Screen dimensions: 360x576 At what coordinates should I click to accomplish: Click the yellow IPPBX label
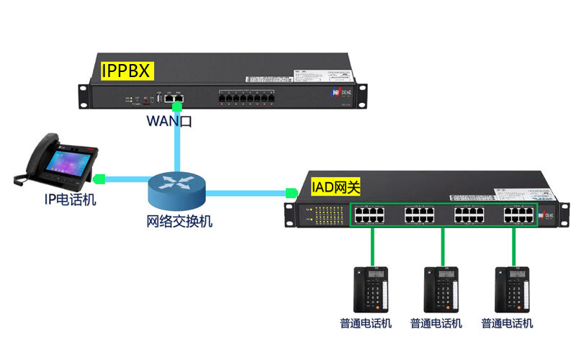click(x=127, y=71)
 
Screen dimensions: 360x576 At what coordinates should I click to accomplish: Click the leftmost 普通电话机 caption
click(x=366, y=323)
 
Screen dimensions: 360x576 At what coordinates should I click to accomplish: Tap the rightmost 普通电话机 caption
click(x=508, y=323)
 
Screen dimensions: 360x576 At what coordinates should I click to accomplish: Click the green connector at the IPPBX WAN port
click(x=177, y=106)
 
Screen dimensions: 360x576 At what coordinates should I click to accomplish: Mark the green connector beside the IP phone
click(x=100, y=177)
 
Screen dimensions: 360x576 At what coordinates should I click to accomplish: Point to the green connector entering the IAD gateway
click(x=291, y=193)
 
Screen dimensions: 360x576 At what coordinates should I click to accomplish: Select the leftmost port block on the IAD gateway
click(x=370, y=214)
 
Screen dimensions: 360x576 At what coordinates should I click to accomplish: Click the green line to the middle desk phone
click(x=441, y=247)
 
